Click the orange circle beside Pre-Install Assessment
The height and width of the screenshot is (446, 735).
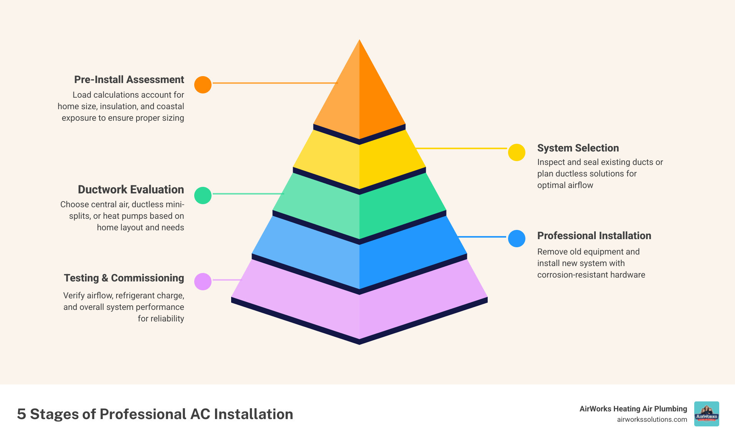click(x=203, y=85)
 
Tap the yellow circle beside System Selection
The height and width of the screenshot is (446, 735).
click(x=517, y=152)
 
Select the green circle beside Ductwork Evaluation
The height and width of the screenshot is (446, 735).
click(x=203, y=195)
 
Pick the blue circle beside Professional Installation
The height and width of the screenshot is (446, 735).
click(x=517, y=238)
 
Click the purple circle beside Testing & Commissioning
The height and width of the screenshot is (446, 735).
click(x=203, y=281)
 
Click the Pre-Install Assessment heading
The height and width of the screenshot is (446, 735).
click(x=129, y=80)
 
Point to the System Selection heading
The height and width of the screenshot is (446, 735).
click(x=578, y=148)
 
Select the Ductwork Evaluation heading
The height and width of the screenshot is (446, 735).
click(x=131, y=190)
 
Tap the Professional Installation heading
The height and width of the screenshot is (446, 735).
click(x=594, y=236)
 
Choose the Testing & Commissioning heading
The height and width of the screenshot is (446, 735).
click(x=124, y=278)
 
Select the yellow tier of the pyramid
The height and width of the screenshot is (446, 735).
click(x=359, y=161)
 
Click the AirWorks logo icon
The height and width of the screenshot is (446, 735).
click(x=706, y=414)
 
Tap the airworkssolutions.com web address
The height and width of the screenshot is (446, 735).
click(x=652, y=419)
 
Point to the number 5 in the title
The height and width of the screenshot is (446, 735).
click(x=22, y=414)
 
